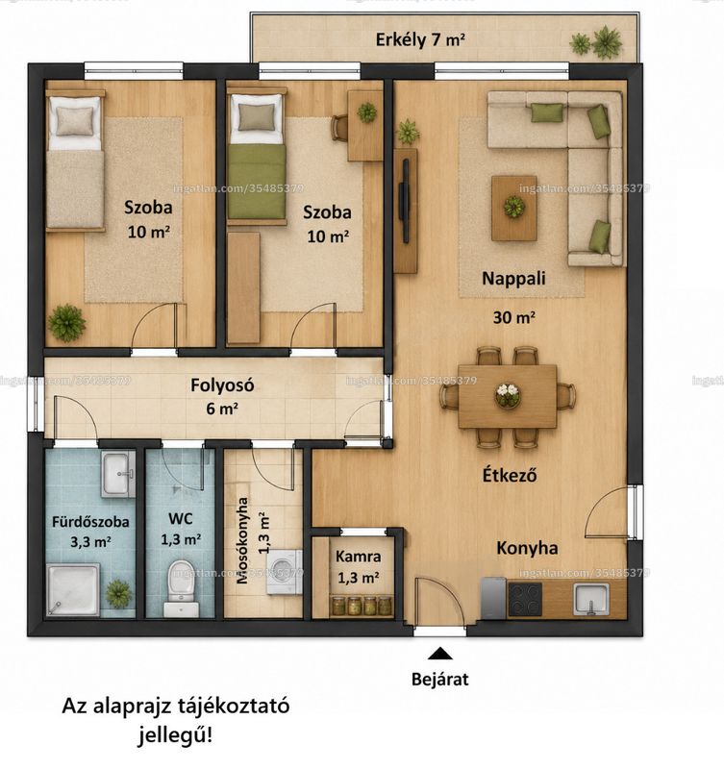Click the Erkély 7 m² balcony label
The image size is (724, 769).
coord(420,39)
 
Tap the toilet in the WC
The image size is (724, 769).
coord(182,588)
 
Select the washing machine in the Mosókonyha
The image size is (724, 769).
coord(285,572)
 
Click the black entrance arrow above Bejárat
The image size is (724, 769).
coord(440,654)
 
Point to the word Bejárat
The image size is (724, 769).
coord(440,680)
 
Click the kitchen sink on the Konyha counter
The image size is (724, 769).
coord(591,599)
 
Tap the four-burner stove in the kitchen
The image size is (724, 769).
coord(525,599)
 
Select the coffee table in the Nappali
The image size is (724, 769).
coord(514,209)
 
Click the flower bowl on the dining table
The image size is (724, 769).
coord(508,395)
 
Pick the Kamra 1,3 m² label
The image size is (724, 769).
coord(358,567)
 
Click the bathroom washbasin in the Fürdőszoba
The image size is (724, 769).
coord(117,474)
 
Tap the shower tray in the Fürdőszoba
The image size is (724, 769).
coord(73,589)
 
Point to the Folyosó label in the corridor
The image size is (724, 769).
coord(222,385)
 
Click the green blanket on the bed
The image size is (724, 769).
coord(257,182)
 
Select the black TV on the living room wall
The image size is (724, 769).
coord(405,201)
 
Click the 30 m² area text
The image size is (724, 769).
coord(513,317)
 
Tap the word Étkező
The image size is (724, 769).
coord(510,475)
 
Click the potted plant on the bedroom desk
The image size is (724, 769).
coord(367,112)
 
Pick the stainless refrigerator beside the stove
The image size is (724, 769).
coord(493,598)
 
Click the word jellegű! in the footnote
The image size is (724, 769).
coord(175,735)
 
